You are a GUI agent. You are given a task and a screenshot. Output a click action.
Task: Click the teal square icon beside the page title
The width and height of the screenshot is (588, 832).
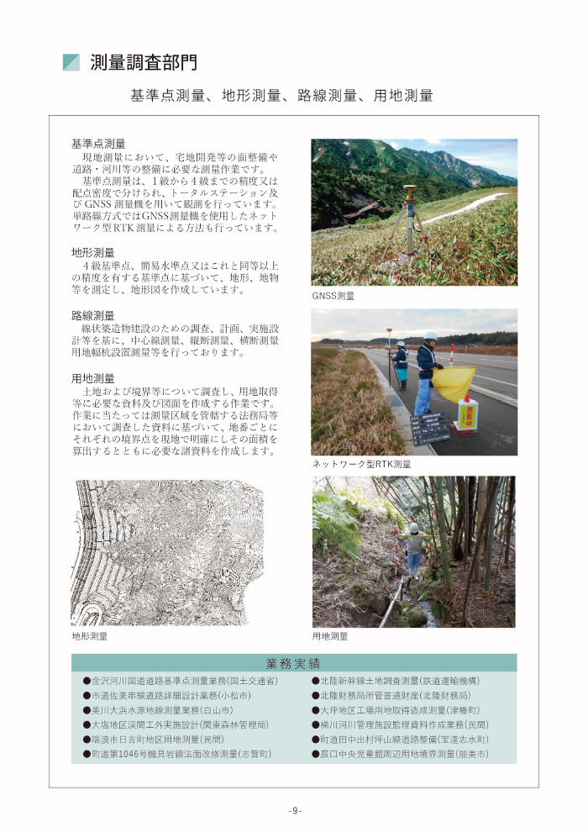click(x=71, y=63)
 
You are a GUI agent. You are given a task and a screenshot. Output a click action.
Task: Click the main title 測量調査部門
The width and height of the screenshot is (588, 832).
click(x=144, y=63)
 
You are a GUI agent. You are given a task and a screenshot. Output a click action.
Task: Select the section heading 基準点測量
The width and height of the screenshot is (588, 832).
click(x=98, y=144)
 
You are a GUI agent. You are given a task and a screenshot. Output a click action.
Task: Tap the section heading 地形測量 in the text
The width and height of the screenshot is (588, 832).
click(x=92, y=252)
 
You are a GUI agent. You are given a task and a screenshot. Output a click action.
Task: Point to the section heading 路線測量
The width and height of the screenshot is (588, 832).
click(x=92, y=315)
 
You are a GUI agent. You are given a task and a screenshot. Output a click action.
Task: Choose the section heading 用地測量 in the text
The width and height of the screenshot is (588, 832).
click(x=92, y=379)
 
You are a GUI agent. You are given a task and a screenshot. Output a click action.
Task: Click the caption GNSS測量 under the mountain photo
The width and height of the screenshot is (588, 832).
click(x=333, y=297)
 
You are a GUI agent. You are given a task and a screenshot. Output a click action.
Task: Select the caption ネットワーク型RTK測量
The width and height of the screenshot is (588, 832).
click(x=361, y=464)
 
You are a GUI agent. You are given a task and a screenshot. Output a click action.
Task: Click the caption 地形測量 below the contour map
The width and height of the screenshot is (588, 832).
click(x=90, y=637)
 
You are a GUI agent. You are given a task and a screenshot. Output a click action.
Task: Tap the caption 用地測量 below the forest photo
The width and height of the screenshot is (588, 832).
click(x=330, y=637)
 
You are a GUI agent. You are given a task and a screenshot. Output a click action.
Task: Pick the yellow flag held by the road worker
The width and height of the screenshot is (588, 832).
click(x=453, y=382)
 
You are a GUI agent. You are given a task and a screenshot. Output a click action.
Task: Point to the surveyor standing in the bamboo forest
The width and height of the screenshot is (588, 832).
click(x=412, y=548)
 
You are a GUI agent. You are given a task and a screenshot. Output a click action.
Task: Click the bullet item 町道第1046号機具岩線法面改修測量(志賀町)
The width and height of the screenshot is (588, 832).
click(x=177, y=755)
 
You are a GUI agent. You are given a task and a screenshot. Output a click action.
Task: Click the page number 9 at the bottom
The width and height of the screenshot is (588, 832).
click(x=294, y=810)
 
